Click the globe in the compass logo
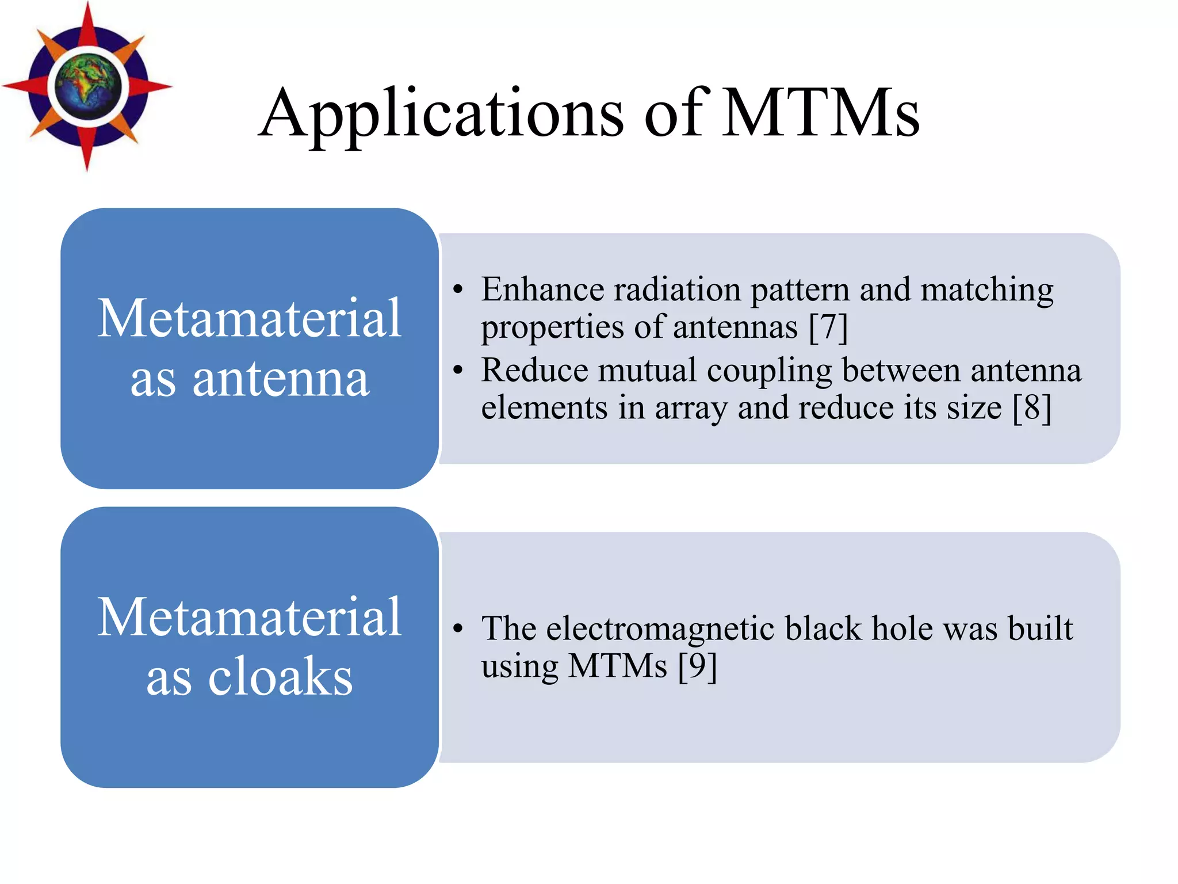click(x=88, y=86)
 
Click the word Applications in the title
click(x=442, y=113)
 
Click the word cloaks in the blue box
click(x=280, y=677)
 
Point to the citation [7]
click(x=828, y=327)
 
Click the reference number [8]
click(x=1032, y=407)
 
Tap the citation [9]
click(x=697, y=666)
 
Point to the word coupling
click(x=770, y=371)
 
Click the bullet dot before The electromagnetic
click(x=457, y=628)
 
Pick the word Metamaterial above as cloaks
click(x=250, y=616)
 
